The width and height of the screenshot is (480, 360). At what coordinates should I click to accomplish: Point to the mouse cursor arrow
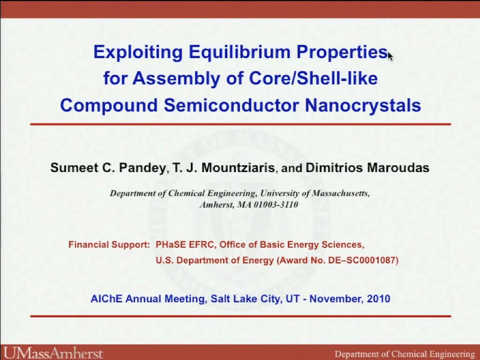tap(390, 57)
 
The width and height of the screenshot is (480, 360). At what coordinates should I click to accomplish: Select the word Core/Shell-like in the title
tap(313, 78)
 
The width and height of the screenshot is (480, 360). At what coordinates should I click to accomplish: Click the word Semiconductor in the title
tap(232, 105)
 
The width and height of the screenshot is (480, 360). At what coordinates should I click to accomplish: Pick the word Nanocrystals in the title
tap(363, 105)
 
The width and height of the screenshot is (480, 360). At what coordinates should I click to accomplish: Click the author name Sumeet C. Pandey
tap(108, 168)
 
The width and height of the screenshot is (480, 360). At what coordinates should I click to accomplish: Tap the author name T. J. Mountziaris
tap(224, 168)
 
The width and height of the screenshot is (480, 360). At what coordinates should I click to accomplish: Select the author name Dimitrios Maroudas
tap(367, 168)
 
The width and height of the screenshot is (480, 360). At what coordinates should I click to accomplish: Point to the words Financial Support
tap(109, 245)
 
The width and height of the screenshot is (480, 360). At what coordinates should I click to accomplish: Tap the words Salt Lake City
tap(245, 299)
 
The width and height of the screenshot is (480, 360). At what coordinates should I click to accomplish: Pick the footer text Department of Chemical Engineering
tap(405, 354)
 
